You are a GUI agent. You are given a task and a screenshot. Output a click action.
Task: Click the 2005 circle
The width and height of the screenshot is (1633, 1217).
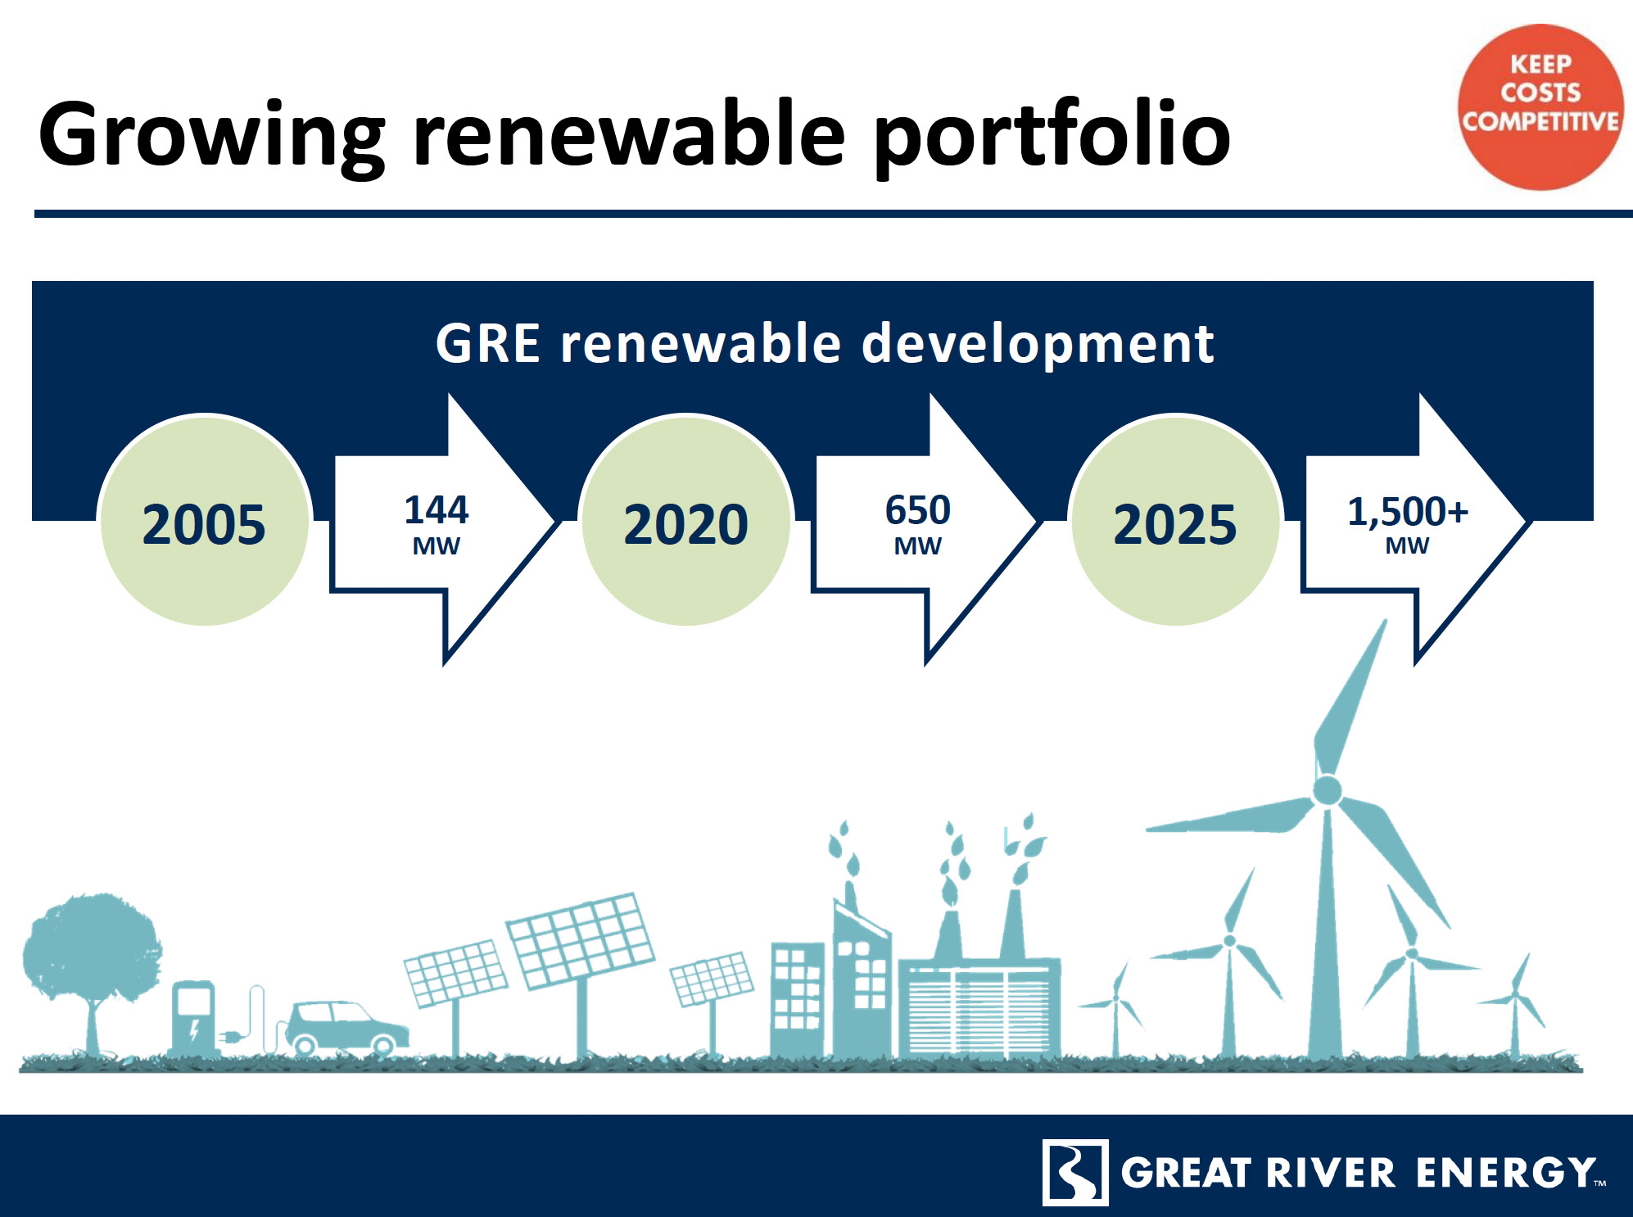point(204,521)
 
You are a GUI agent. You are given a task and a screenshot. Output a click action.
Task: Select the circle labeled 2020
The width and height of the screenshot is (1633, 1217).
point(685,521)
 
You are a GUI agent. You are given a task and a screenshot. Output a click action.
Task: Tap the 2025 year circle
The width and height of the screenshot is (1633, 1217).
point(1175,521)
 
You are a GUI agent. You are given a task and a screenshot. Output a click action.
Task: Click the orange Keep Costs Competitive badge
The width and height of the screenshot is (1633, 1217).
point(1540,107)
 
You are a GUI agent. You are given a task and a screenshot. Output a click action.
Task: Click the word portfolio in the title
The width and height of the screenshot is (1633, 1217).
point(1052,135)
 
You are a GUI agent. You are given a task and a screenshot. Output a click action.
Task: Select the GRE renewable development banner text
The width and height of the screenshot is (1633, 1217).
point(824,343)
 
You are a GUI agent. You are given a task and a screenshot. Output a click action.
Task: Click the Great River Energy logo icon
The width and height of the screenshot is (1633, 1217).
point(1075,1172)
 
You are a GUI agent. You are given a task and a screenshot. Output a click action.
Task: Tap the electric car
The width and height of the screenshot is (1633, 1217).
point(346,1027)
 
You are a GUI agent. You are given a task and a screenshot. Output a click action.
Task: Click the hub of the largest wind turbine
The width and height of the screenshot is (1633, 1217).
point(1327,790)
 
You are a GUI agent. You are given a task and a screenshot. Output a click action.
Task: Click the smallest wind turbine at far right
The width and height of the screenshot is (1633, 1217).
point(1515,1003)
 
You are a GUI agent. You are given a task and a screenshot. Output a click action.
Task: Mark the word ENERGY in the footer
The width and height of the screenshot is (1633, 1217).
point(1507,1173)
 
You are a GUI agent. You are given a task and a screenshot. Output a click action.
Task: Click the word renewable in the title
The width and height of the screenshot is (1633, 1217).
point(629,135)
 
